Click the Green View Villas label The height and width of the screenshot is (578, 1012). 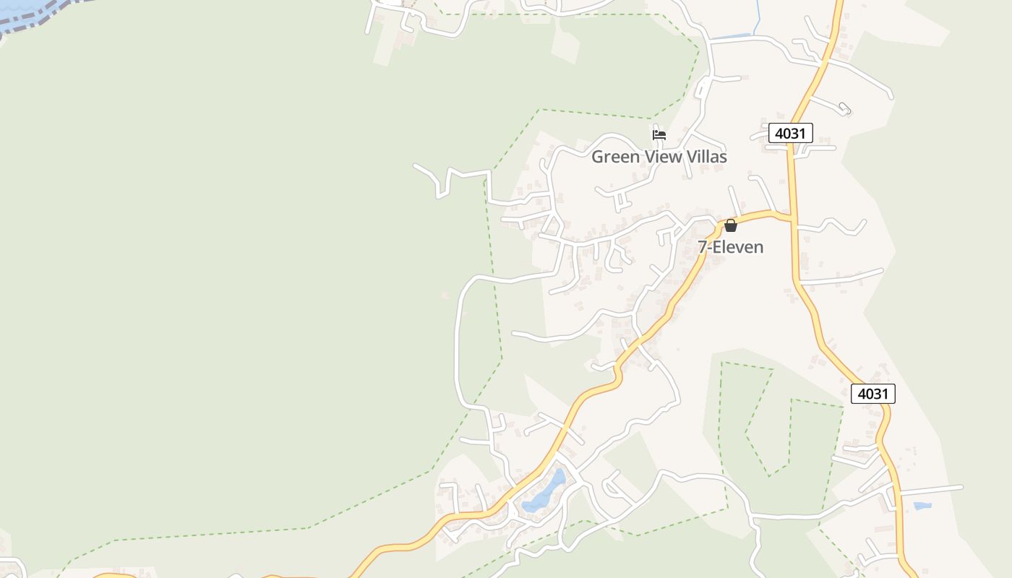coord(659,157)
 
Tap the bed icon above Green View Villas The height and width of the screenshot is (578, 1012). coord(659,134)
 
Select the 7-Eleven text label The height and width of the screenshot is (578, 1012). coord(730,247)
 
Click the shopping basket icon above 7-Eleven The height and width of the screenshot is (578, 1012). coord(730,225)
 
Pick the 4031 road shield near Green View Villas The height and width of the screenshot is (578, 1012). coord(790,133)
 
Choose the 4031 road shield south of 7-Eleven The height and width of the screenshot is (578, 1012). coord(872,394)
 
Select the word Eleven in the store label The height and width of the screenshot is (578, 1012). coord(739,247)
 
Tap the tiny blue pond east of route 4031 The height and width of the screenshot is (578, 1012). coord(922,506)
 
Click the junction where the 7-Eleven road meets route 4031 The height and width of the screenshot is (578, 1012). coord(792,217)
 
